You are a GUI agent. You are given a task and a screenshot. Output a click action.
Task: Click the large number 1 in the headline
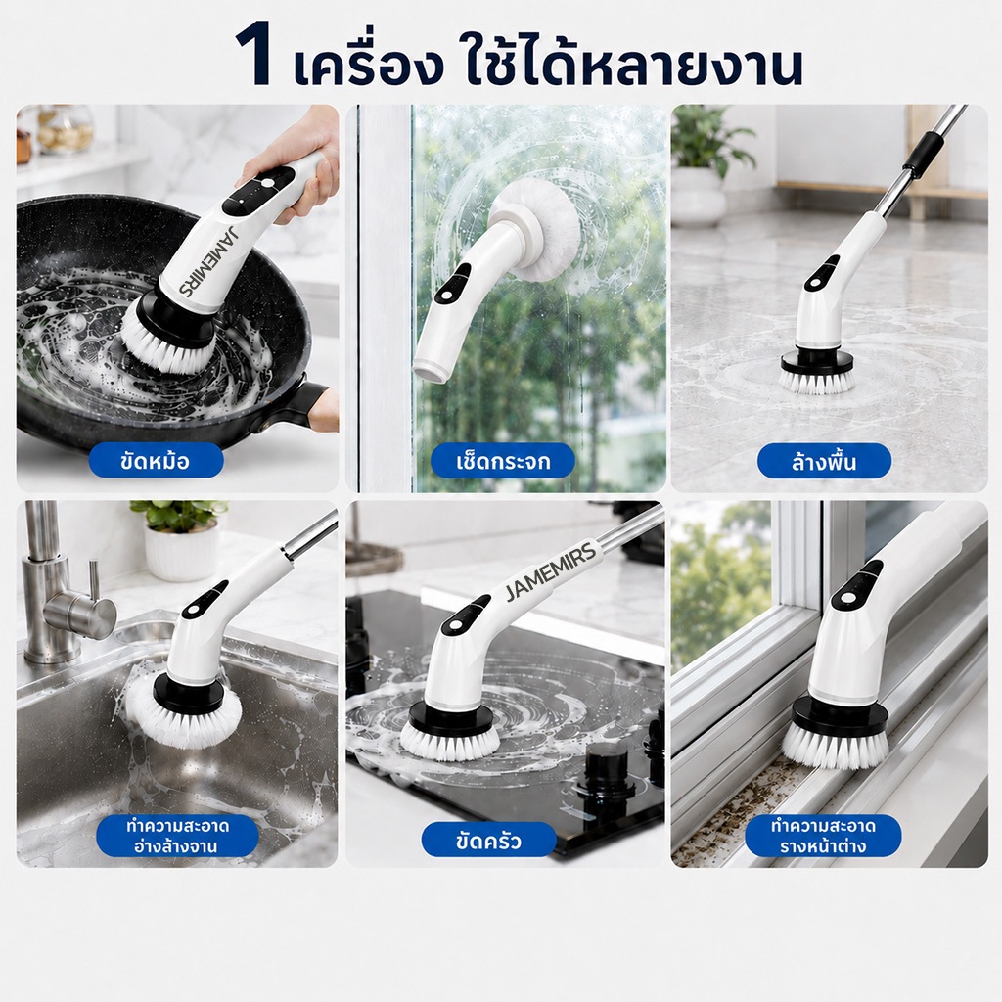pos(253,56)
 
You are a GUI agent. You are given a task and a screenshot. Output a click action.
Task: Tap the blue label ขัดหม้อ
pos(156,461)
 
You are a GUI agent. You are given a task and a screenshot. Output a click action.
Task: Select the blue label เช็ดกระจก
pos(503,461)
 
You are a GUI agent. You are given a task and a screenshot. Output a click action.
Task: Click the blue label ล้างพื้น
pos(824,461)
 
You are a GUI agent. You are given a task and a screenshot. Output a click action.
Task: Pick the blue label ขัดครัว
pos(489,840)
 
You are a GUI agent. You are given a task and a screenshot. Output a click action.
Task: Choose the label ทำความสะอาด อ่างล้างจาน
pos(177,836)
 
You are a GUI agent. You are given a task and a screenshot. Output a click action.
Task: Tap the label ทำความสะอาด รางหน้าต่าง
pos(823,836)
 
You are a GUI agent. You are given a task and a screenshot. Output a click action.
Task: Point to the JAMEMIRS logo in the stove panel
pos(551,571)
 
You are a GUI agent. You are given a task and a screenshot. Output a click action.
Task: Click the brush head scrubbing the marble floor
pos(816,373)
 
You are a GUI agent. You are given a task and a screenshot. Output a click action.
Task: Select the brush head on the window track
pos(837,735)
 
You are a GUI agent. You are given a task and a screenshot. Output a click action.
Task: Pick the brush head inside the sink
pos(184,709)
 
